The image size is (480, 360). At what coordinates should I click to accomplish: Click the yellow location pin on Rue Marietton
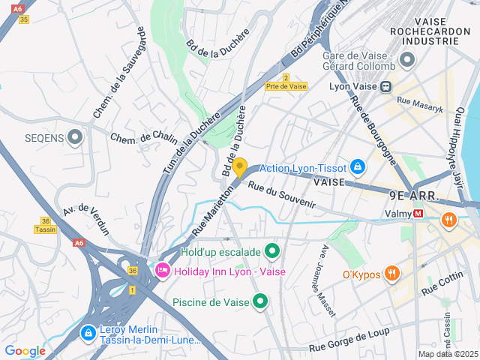click(x=239, y=166)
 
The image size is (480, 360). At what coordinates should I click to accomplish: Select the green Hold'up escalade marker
click(x=272, y=251)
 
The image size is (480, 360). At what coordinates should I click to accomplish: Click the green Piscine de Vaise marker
click(x=260, y=302)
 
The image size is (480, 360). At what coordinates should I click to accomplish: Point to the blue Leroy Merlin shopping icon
click(x=88, y=331)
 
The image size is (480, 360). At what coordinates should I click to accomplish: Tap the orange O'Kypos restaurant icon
click(x=391, y=274)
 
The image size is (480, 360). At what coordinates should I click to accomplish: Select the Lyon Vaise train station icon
click(x=386, y=85)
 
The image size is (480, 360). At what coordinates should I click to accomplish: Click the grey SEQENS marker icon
click(x=75, y=137)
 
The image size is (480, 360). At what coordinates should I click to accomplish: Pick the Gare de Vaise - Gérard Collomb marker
click(x=407, y=59)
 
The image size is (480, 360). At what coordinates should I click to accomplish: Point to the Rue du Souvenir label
click(x=281, y=195)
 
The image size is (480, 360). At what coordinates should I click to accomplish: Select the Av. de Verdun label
click(x=87, y=219)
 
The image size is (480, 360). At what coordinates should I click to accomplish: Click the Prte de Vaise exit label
click(x=286, y=87)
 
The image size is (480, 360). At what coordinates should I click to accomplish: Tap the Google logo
click(x=25, y=350)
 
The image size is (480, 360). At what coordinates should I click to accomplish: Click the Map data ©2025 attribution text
click(x=448, y=354)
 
